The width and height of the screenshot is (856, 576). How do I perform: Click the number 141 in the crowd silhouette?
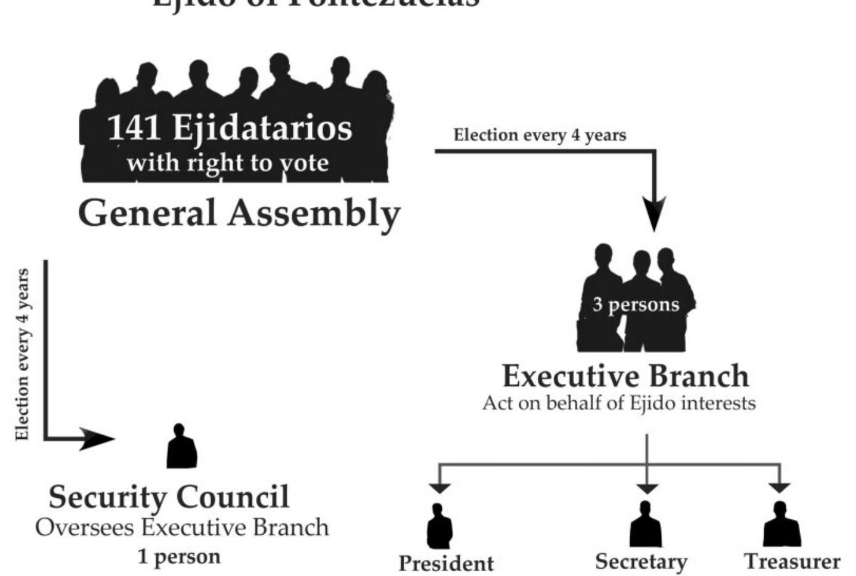click(x=134, y=127)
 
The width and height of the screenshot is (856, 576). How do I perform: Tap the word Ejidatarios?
click(x=262, y=128)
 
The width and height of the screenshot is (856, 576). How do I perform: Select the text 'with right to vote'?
click(x=227, y=162)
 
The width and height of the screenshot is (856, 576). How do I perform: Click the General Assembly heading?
click(x=239, y=214)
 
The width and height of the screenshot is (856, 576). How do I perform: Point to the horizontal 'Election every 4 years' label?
click(x=540, y=135)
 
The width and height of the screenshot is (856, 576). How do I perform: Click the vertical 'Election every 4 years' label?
click(x=22, y=354)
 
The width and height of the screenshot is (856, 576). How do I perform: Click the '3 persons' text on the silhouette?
click(x=636, y=304)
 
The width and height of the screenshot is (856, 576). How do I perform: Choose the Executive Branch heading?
click(x=626, y=376)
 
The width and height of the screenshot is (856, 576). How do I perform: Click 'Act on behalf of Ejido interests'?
click(x=618, y=403)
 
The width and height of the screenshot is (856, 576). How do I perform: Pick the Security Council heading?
click(x=169, y=497)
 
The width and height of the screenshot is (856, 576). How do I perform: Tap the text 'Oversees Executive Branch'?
click(x=182, y=527)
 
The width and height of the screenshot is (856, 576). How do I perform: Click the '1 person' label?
click(x=179, y=556)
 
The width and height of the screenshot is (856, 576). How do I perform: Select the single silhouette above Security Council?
click(x=182, y=447)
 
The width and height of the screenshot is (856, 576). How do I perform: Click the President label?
click(x=446, y=563)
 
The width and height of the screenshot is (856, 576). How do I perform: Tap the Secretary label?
click(x=641, y=561)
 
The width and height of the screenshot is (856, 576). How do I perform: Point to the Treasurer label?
click(x=792, y=561)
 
